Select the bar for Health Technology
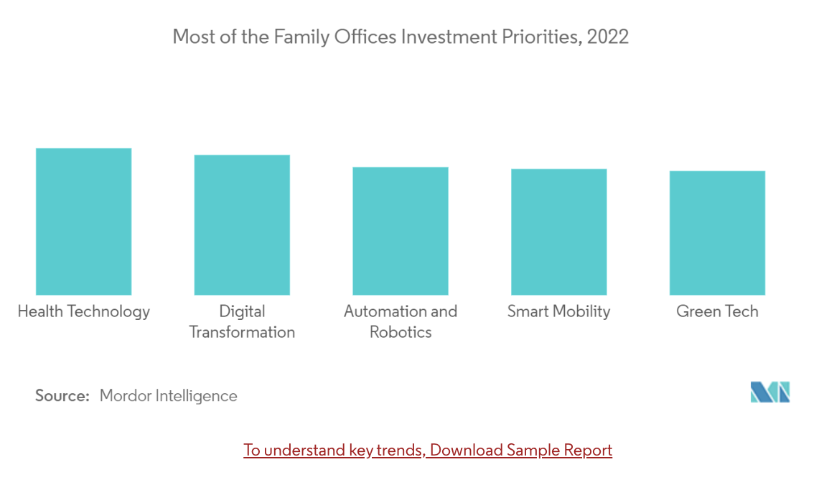click(x=83, y=222)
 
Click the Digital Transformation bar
click(x=242, y=225)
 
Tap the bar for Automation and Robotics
click(x=401, y=231)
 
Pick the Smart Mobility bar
click(x=558, y=232)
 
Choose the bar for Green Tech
click(x=717, y=233)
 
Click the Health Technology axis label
click(x=83, y=311)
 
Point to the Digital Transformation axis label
click(x=242, y=321)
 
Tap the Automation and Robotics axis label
click(x=401, y=321)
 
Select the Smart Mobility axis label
click(x=558, y=311)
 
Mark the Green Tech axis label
click(x=717, y=311)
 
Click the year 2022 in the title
click(x=607, y=37)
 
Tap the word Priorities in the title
click(x=538, y=37)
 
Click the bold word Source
click(x=62, y=395)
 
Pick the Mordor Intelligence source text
click(x=168, y=395)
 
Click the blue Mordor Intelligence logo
click(x=770, y=392)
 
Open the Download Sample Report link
click(x=428, y=450)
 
